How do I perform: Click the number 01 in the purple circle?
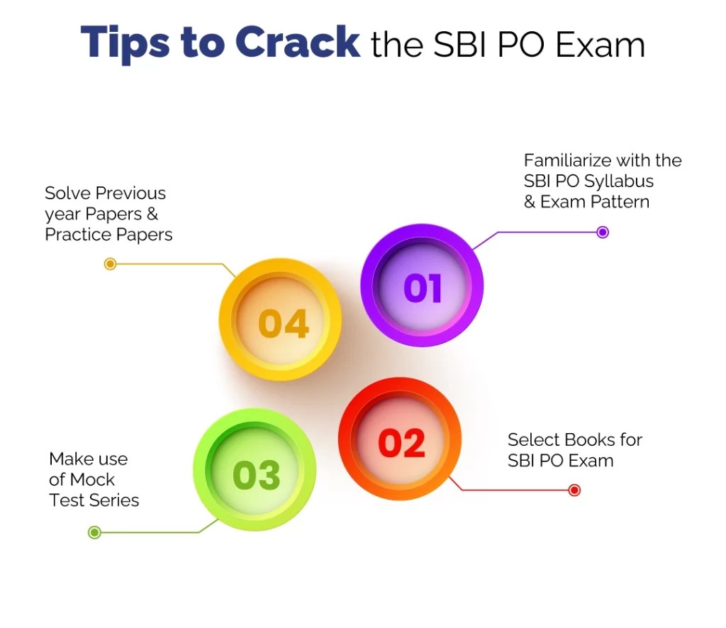pyautogui.click(x=423, y=288)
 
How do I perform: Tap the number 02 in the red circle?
pyautogui.click(x=401, y=443)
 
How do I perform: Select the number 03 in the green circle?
pyautogui.click(x=257, y=475)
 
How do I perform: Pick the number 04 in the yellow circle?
pyautogui.click(x=283, y=323)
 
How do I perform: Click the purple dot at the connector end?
pyautogui.click(x=603, y=232)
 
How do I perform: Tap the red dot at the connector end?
pyautogui.click(x=574, y=490)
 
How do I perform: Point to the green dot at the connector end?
pyautogui.click(x=94, y=532)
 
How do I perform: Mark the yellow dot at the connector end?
pyautogui.click(x=110, y=264)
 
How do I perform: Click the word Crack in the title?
pyautogui.click(x=297, y=42)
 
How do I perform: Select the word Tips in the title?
pyautogui.click(x=125, y=45)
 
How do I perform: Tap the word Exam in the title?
pyautogui.click(x=600, y=45)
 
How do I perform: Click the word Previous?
pyautogui.click(x=131, y=193)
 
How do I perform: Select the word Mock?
pyautogui.click(x=91, y=479)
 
